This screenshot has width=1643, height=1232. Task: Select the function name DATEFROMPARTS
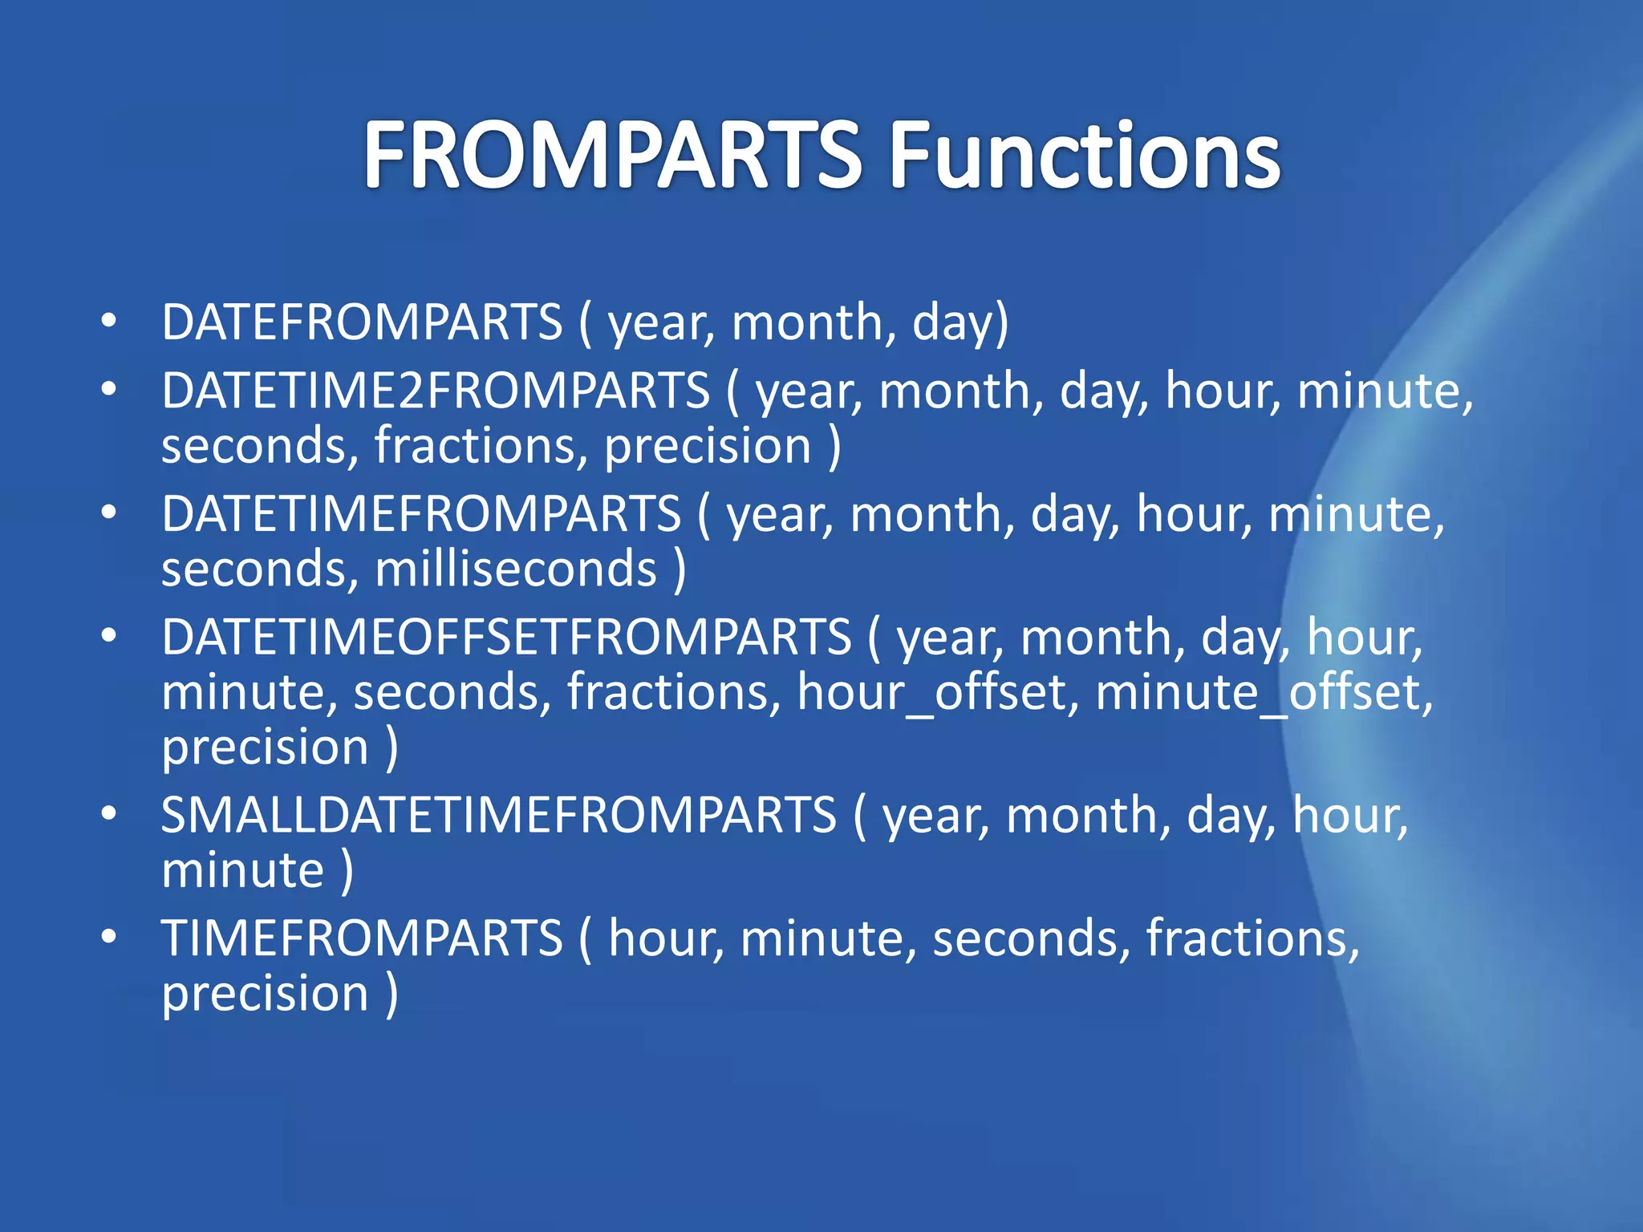pyautogui.click(x=362, y=322)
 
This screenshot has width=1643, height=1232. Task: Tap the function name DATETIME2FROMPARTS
pyautogui.click(x=436, y=391)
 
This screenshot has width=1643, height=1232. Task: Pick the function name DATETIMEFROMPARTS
pyautogui.click(x=421, y=515)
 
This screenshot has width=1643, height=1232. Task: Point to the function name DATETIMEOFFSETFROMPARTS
pyautogui.click(x=506, y=638)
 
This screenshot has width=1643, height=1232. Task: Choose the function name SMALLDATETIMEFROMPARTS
pyautogui.click(x=499, y=816)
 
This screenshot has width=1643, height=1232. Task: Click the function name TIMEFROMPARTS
pyautogui.click(x=362, y=938)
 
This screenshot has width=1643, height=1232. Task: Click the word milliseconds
pyautogui.click(x=516, y=569)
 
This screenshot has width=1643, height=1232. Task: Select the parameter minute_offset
pyautogui.click(x=1263, y=693)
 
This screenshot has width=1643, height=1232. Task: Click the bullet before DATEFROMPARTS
pyautogui.click(x=109, y=322)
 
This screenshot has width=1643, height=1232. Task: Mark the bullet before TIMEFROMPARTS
pyautogui.click(x=109, y=938)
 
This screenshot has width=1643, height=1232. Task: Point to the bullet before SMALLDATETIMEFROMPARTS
pyautogui.click(x=109, y=815)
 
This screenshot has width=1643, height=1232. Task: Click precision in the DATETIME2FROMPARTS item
pyautogui.click(x=708, y=448)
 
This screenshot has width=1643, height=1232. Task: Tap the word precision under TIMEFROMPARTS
pyautogui.click(x=265, y=995)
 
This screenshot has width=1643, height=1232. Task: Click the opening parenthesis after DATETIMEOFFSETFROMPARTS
pyautogui.click(x=874, y=639)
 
